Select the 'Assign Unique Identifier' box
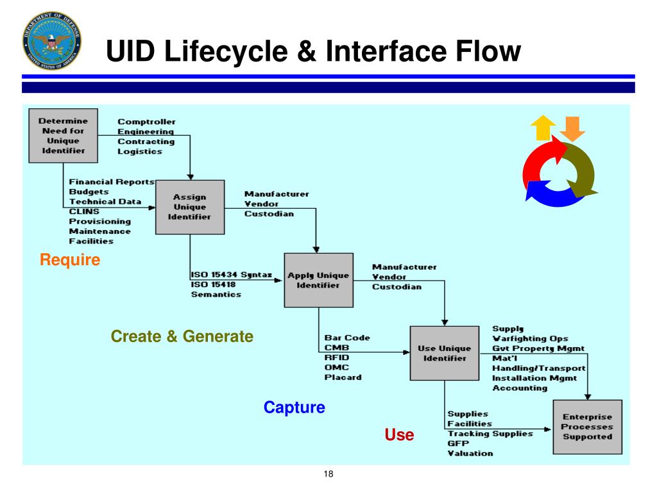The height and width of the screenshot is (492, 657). point(190,207)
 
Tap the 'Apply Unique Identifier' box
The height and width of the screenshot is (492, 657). point(318,280)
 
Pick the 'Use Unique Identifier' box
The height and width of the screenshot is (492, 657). point(445,353)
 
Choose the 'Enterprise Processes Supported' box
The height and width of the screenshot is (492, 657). point(587,427)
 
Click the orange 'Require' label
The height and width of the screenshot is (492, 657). point(70,260)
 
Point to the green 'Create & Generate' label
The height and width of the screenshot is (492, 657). point(182,336)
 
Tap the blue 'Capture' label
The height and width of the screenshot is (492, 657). point(294,407)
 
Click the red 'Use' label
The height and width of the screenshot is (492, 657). point(399,435)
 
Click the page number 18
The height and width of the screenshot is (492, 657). point(328,474)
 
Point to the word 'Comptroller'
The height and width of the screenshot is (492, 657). point(146,122)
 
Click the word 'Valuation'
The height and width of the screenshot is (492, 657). point(470,453)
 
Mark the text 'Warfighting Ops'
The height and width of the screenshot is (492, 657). point(530,338)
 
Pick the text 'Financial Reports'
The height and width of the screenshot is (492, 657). point(112,182)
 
